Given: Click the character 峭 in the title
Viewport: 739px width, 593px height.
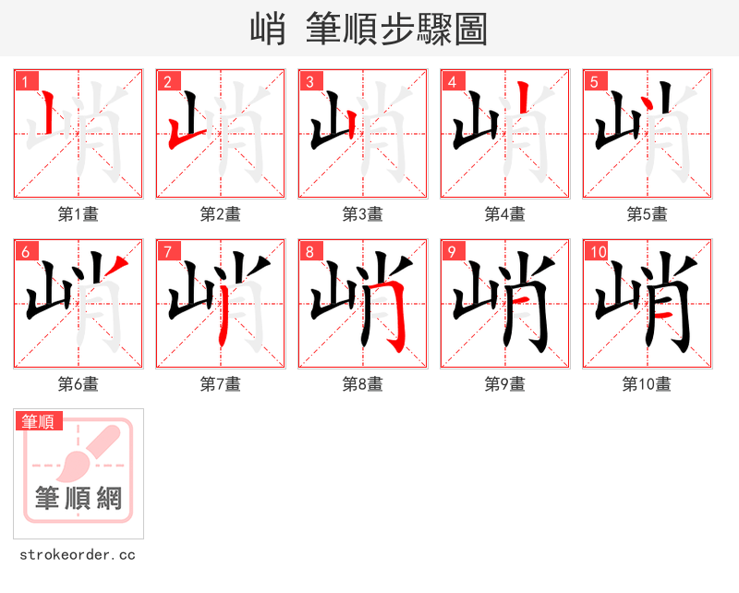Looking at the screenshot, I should point(267,29).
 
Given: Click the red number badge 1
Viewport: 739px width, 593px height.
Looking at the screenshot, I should point(24,81).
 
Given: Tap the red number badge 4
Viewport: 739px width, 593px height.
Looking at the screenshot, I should point(451,81).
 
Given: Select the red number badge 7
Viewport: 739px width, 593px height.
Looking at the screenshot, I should point(166,251).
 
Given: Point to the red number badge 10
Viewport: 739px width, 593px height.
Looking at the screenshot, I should point(597,251).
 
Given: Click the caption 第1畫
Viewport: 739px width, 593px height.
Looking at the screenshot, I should point(79,214).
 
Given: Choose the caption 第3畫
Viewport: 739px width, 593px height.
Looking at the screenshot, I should point(363,214).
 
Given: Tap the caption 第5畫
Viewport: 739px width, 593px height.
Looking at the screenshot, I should point(648,214).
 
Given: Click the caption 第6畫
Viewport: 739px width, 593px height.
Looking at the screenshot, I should point(79,384).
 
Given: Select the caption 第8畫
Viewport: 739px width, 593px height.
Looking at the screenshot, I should point(363,384).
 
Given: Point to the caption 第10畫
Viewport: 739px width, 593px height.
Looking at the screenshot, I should point(648,384).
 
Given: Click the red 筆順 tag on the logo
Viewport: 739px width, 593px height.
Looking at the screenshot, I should point(39,421).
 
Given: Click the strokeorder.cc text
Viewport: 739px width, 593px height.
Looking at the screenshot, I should point(78,555).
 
